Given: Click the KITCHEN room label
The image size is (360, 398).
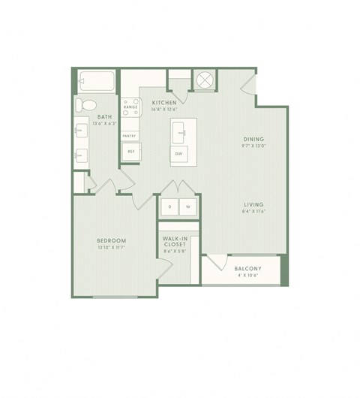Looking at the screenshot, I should coord(164,101).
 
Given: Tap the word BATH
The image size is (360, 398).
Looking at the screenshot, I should coord(104,116).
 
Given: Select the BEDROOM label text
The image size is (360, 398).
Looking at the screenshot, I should coord(111,240).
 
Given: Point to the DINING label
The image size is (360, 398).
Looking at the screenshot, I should coord(252,139).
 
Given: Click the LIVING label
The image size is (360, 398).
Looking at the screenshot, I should coord(252,204).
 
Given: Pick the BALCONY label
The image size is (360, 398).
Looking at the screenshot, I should coord(247,269).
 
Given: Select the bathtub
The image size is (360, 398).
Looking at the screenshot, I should coord(95,80).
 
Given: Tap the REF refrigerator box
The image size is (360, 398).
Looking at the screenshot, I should coord(130,151).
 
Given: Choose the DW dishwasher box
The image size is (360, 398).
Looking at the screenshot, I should coord(178,153).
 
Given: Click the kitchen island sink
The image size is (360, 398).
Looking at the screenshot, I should coord(179,132).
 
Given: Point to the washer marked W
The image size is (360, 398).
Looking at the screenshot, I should coord(187,206).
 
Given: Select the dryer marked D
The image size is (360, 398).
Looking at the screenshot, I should coord(170,206).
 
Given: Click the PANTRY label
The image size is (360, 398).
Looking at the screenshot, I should coord(130,136).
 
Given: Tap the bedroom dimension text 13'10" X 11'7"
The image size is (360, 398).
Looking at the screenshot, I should coord(111,247).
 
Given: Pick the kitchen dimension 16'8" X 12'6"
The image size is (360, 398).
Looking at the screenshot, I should coord(164,108).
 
